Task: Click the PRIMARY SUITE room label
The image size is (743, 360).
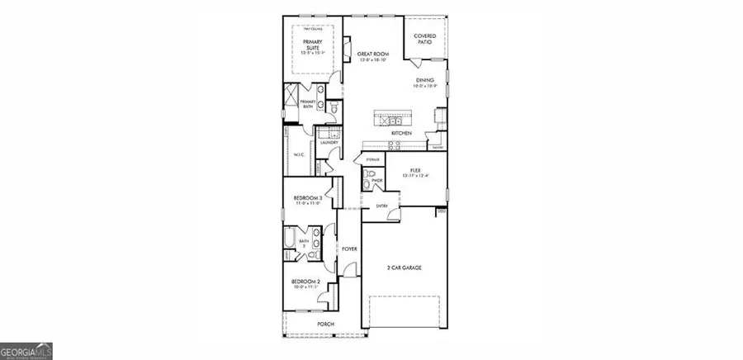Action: click(x=312, y=44)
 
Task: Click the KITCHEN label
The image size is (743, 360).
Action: click(x=401, y=133)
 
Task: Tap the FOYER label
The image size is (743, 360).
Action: click(x=349, y=249)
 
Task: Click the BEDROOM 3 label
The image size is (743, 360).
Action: click(x=306, y=198)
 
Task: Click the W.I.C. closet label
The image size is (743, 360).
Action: click(x=299, y=155)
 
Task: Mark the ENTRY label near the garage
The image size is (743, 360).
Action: click(x=382, y=206)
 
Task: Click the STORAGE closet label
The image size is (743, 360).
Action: click(x=372, y=160)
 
